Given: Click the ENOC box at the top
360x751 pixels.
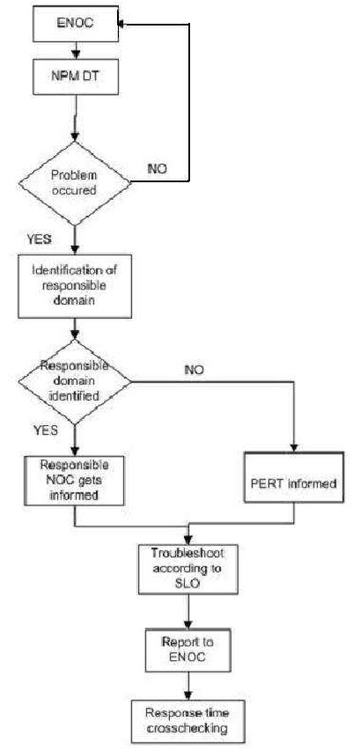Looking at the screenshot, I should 75,25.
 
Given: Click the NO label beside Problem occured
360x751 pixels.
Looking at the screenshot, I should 158,167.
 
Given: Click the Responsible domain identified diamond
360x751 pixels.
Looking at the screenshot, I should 75,379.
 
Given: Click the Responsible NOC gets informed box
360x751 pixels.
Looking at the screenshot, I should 75,481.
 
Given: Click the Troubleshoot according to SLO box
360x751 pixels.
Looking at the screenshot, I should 187,569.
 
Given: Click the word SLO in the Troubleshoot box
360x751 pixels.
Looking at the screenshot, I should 187,583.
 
